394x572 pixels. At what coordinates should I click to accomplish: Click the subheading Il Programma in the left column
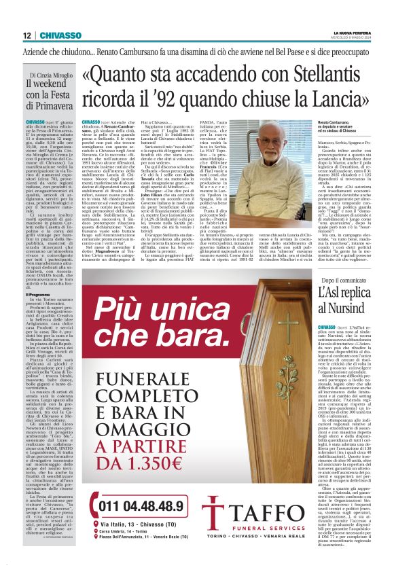(39, 295)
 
